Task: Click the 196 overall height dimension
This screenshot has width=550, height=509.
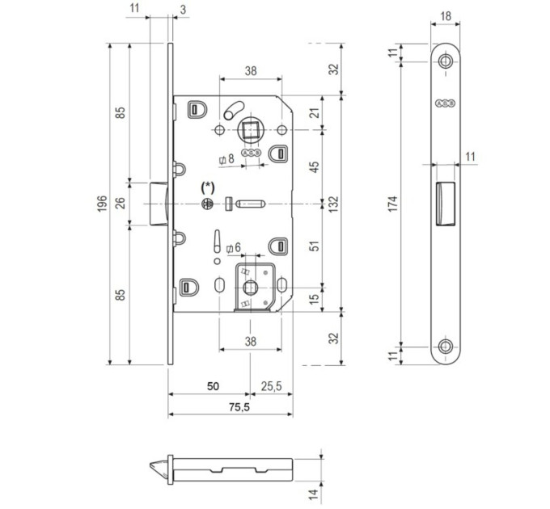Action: tap(101, 204)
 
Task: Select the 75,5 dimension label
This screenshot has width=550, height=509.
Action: tap(239, 407)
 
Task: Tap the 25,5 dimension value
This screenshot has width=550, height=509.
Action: tap(271, 386)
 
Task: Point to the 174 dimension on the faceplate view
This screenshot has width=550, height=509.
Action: tap(393, 204)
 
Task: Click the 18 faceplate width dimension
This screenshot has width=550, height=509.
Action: tap(446, 16)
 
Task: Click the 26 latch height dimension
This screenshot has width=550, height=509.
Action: tap(121, 204)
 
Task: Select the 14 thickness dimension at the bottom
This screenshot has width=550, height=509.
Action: tap(314, 493)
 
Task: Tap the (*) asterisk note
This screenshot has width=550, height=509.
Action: tap(207, 187)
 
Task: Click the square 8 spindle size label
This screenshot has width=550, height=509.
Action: tap(226, 159)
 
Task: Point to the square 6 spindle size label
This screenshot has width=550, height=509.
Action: tap(234, 248)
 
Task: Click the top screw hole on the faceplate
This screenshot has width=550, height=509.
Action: tap(446, 61)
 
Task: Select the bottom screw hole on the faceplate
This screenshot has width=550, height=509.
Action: tap(446, 347)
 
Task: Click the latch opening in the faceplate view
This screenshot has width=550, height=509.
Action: tap(446, 204)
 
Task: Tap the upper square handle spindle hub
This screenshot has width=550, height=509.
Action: tap(250, 130)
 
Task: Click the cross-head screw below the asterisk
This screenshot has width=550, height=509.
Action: tap(207, 204)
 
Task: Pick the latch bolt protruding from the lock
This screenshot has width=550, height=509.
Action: tap(159, 204)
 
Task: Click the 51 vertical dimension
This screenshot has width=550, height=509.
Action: tap(315, 246)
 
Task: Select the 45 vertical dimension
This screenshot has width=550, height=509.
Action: tap(315, 166)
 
